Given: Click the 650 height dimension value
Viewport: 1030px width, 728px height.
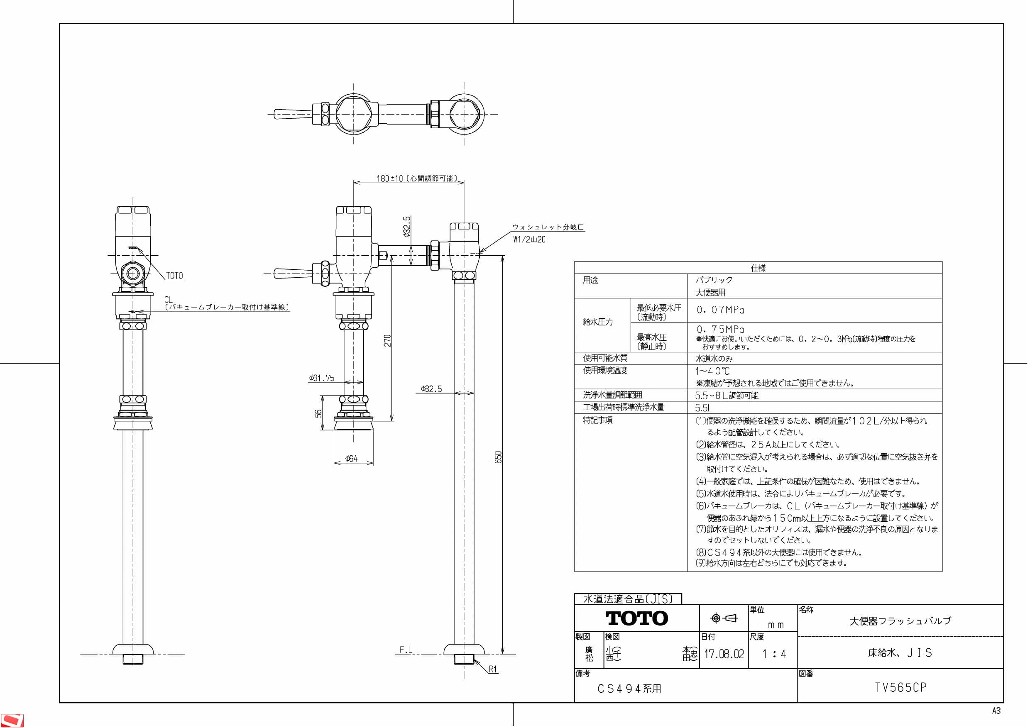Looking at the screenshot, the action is click(x=498, y=457).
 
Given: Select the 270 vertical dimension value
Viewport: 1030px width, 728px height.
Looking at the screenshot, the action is click(x=388, y=340).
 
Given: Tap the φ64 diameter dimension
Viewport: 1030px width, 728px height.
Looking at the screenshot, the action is click(x=351, y=458).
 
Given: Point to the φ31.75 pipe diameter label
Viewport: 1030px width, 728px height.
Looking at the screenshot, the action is click(x=321, y=378).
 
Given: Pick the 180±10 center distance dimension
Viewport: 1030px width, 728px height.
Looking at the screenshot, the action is click(x=417, y=178).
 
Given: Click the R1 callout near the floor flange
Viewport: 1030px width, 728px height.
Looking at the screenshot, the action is click(x=493, y=669).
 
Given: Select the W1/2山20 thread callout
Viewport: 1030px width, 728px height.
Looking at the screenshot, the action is click(x=529, y=239).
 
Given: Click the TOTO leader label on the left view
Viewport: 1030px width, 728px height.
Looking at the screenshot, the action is click(x=174, y=276).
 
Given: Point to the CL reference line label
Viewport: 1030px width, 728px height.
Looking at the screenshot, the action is click(x=168, y=300).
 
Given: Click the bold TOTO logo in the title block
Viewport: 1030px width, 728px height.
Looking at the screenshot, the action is click(x=636, y=618).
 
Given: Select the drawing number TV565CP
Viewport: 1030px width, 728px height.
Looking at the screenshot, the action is click(x=900, y=688).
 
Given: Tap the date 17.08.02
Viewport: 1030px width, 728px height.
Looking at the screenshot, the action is click(x=724, y=654).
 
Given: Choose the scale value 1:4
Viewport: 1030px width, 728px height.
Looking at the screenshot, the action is click(x=774, y=654).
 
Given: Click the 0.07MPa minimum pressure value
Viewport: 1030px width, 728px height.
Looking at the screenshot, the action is click(x=720, y=310).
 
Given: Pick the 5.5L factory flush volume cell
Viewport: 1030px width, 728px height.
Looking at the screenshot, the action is click(x=704, y=408).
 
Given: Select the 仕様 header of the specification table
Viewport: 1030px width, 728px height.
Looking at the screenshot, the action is click(x=758, y=268).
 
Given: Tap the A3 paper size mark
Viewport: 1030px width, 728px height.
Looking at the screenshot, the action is click(x=996, y=711).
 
